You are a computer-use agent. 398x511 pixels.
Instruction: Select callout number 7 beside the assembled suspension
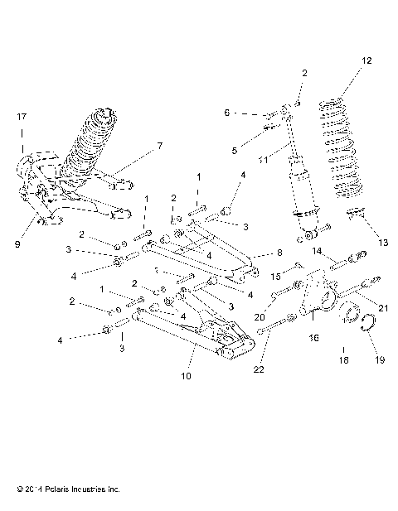160,147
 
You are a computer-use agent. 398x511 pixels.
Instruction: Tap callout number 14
318,250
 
